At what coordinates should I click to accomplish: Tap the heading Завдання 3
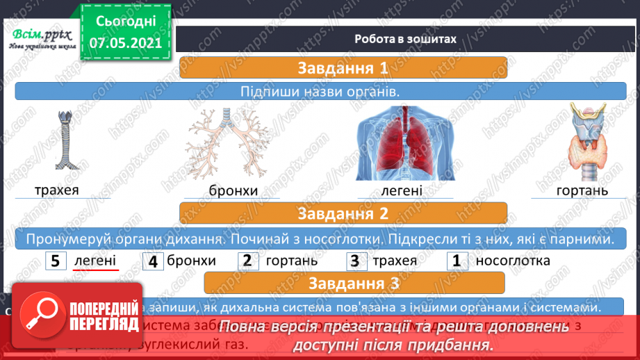click(x=354, y=283)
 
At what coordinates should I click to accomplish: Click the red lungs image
click(x=405, y=142)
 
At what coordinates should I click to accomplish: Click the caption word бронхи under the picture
click(x=233, y=190)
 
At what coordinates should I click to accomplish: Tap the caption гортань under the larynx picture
click(x=582, y=190)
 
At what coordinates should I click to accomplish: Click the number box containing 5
click(x=56, y=261)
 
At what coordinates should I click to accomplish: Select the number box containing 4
click(x=153, y=261)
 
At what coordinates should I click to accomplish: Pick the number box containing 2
click(x=248, y=261)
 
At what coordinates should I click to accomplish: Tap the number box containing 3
click(x=355, y=261)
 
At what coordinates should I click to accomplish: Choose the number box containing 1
click(x=457, y=261)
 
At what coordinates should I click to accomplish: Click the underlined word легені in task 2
click(x=96, y=261)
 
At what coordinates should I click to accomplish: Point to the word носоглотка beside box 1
click(x=513, y=261)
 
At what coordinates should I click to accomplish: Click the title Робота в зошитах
click(x=405, y=39)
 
